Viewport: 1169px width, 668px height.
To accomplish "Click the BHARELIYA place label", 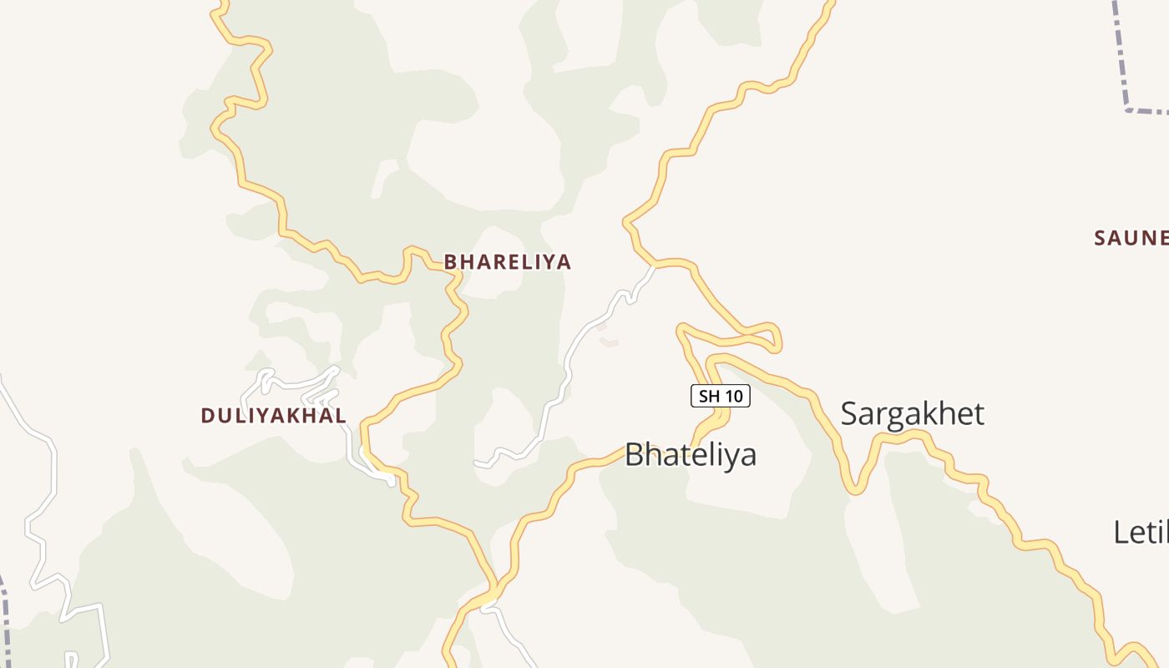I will pyautogui.click(x=507, y=262).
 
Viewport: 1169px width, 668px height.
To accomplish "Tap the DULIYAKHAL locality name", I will pyautogui.click(x=273, y=416).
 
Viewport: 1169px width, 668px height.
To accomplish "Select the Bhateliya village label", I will pyautogui.click(x=690, y=455).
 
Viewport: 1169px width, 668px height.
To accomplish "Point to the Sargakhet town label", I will pyautogui.click(x=912, y=414).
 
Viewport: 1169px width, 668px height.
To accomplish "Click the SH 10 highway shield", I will pyautogui.click(x=720, y=396).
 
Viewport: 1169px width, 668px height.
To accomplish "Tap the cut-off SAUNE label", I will pyautogui.click(x=1131, y=238).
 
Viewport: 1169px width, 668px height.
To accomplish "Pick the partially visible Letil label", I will pyautogui.click(x=1141, y=533).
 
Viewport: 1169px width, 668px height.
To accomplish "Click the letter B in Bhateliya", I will pyautogui.click(x=635, y=455).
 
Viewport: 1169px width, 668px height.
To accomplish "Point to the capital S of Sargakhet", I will pyautogui.click(x=850, y=414).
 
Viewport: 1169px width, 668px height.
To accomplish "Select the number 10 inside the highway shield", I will pyautogui.click(x=732, y=396).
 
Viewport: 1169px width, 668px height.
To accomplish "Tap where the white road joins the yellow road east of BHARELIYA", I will pyautogui.click(x=654, y=266).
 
